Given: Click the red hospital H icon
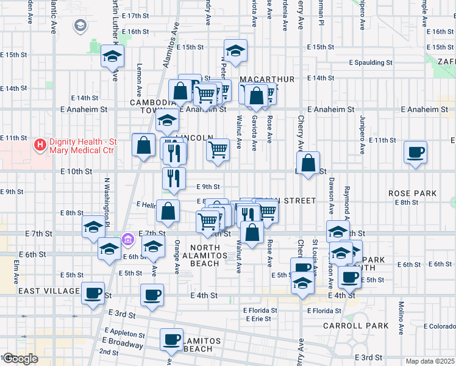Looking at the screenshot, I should (x=40, y=145).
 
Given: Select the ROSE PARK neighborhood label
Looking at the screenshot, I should (x=413, y=193).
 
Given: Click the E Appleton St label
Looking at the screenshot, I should (x=123, y=334).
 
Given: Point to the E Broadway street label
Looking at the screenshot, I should (x=123, y=343).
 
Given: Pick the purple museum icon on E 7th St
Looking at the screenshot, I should (x=127, y=238).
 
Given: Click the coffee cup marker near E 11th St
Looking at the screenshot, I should (x=417, y=152).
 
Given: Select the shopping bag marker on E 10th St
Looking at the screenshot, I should (x=309, y=162).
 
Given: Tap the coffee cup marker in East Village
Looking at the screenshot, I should (x=93, y=293).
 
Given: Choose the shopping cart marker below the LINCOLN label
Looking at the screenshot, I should (x=218, y=149).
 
